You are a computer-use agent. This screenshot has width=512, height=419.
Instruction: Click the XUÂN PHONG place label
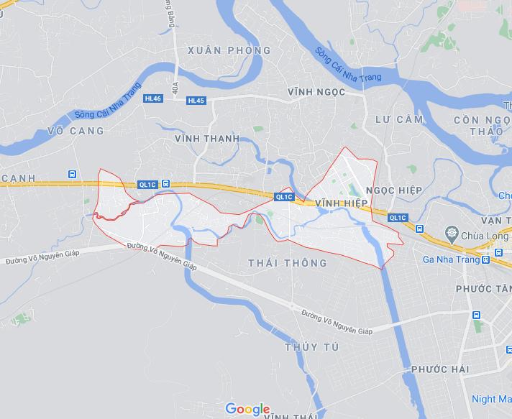(228, 50)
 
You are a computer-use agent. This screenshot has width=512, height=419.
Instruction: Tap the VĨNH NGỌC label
(316, 93)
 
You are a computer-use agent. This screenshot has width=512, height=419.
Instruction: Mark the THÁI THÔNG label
(287, 263)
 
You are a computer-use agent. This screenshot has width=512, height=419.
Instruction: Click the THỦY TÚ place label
(311, 347)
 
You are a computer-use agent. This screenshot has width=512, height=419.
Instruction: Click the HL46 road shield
(152, 98)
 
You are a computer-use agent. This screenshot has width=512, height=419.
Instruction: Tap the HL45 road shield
(196, 101)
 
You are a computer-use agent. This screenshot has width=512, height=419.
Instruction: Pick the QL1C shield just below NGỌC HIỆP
(397, 218)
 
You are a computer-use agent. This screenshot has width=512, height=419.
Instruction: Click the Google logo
(247, 410)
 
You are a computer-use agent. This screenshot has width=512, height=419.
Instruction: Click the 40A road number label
(175, 87)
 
